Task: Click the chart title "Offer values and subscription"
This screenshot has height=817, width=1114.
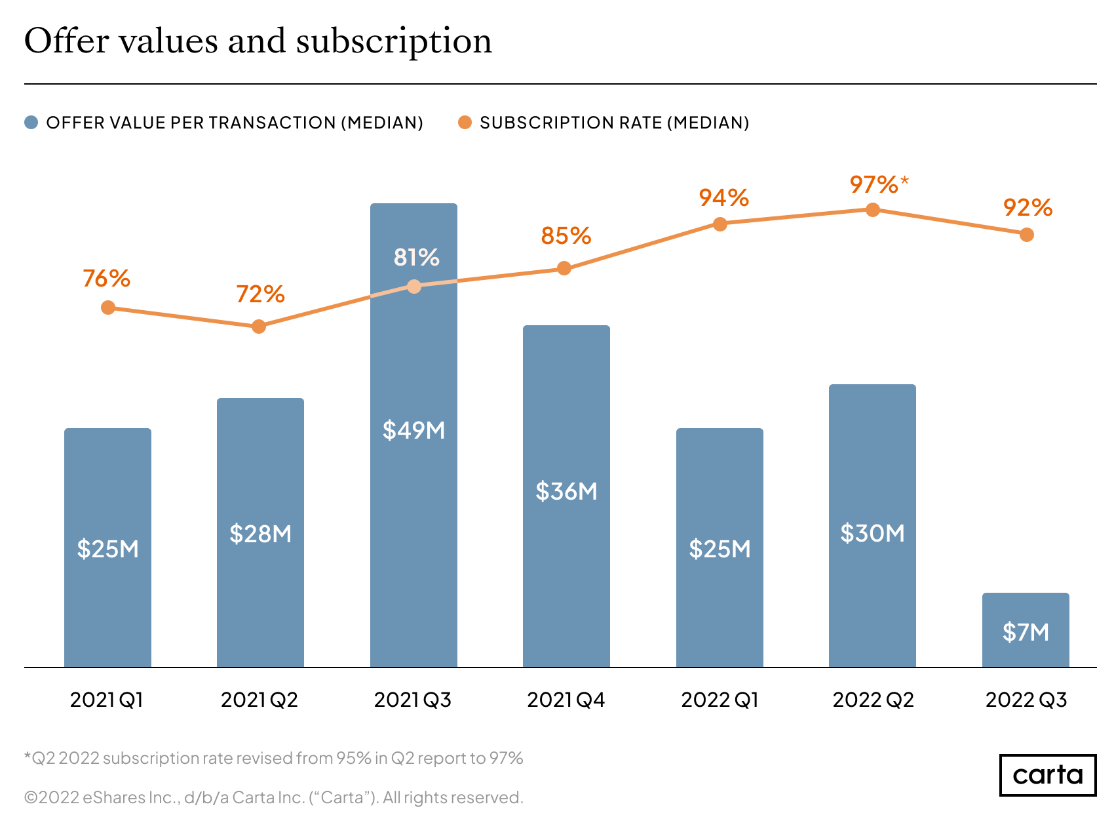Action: (x=258, y=41)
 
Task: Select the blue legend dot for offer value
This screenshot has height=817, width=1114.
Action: (x=31, y=123)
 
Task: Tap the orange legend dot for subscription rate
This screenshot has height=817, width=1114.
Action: (x=465, y=123)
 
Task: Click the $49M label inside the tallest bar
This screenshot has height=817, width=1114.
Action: (x=413, y=430)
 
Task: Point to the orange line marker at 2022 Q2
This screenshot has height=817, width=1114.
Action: (x=873, y=210)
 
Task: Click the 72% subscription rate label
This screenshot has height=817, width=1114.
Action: (x=260, y=294)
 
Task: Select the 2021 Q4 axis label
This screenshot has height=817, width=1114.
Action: (x=566, y=700)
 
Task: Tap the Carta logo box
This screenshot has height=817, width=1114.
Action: (x=1047, y=775)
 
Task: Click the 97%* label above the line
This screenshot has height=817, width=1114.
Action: (x=878, y=184)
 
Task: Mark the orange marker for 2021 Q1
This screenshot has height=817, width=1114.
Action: (x=108, y=308)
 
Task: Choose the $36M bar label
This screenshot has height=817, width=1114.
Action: (x=566, y=491)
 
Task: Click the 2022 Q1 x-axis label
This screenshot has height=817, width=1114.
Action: (x=720, y=700)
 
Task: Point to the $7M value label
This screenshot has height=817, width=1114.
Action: (x=1026, y=632)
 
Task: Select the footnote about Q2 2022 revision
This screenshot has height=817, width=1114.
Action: (x=273, y=758)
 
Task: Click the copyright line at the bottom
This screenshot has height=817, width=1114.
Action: (x=273, y=797)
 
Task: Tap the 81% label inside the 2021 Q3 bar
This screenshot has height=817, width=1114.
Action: (x=415, y=257)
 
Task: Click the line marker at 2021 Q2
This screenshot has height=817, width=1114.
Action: (x=259, y=327)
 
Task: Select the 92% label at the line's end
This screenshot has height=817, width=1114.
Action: (x=1027, y=208)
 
